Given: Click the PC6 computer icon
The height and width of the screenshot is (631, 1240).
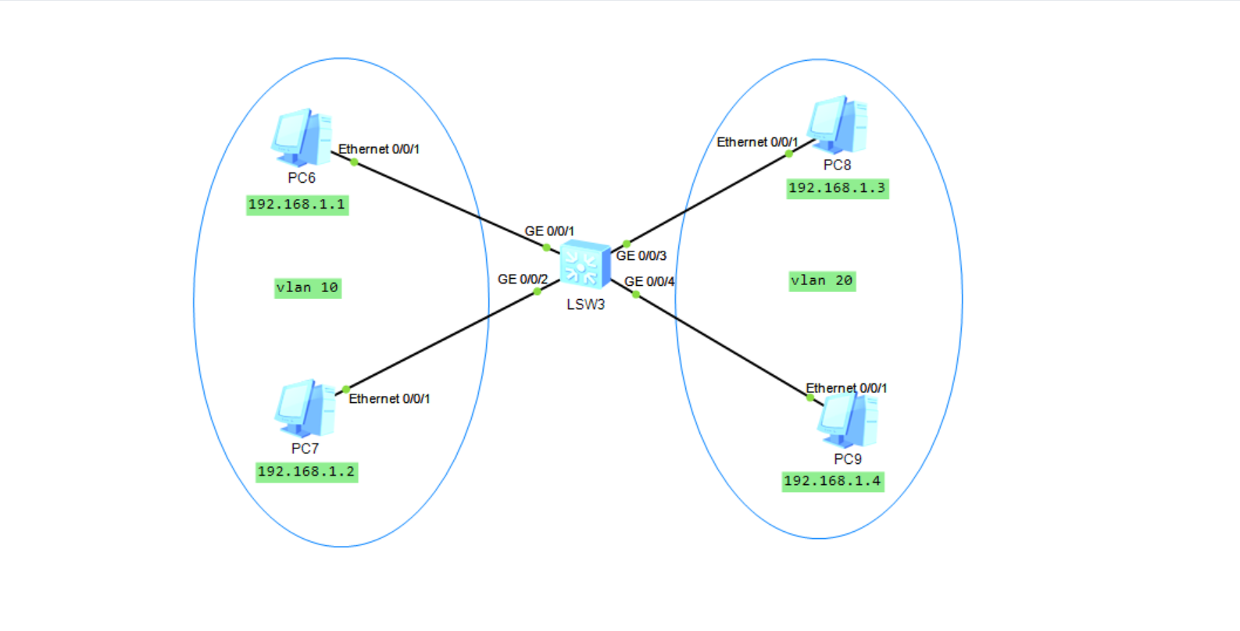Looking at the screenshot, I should [x=302, y=137].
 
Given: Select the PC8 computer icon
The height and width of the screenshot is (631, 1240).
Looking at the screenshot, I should [x=837, y=124].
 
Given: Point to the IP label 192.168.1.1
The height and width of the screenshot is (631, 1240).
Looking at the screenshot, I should [x=297, y=205].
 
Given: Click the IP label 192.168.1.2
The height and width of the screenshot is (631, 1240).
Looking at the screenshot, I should [x=306, y=472].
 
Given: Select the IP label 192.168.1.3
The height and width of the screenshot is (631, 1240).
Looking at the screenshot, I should [x=837, y=188].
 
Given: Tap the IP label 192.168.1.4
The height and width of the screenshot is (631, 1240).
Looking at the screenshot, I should [x=832, y=481].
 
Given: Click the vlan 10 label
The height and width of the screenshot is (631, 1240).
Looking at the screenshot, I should [x=308, y=287].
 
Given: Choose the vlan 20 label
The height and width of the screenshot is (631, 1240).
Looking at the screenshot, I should [x=822, y=280].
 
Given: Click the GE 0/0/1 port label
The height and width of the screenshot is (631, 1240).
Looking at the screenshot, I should [x=549, y=231].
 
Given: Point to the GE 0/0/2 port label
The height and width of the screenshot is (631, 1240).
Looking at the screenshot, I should [x=523, y=279].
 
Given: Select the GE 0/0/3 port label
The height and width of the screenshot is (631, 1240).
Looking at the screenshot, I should [x=641, y=255].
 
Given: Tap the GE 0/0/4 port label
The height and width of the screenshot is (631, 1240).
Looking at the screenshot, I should [x=649, y=281].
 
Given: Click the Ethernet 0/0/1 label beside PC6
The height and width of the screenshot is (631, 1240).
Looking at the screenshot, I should [x=379, y=149].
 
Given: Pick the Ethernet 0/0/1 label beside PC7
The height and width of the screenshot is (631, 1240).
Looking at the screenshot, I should [x=389, y=399].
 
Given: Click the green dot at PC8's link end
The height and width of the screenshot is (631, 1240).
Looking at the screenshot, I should [x=789, y=154].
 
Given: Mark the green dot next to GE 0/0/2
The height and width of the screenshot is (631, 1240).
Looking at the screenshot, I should [x=538, y=291].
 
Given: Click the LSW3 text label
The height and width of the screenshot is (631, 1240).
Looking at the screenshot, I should [x=586, y=305].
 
